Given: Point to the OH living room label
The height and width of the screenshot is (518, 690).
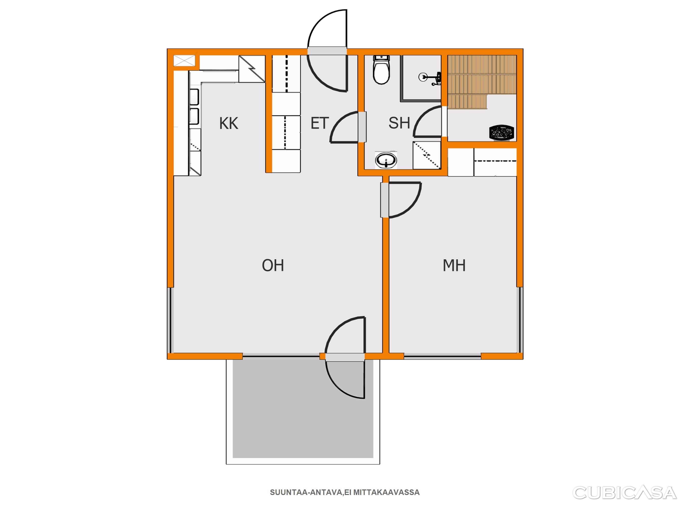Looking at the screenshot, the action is point(273,265).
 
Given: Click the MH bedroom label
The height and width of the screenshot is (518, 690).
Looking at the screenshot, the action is point(454,265).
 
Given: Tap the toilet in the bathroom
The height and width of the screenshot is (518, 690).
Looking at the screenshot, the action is point(381,70).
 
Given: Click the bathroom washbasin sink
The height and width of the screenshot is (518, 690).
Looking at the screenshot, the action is point(386,160).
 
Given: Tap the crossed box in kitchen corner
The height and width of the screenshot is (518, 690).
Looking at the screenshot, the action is point(184,60).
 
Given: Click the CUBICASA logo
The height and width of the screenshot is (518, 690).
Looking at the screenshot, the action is point(625,493).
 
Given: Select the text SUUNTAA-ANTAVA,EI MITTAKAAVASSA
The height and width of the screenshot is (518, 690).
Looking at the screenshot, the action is point(345,492).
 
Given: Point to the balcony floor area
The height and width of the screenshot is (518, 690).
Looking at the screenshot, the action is point(303,409).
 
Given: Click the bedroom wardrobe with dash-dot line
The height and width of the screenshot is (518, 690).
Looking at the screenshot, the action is point(495,162).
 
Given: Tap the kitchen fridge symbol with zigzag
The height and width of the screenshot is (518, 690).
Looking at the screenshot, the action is point(252,69).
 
